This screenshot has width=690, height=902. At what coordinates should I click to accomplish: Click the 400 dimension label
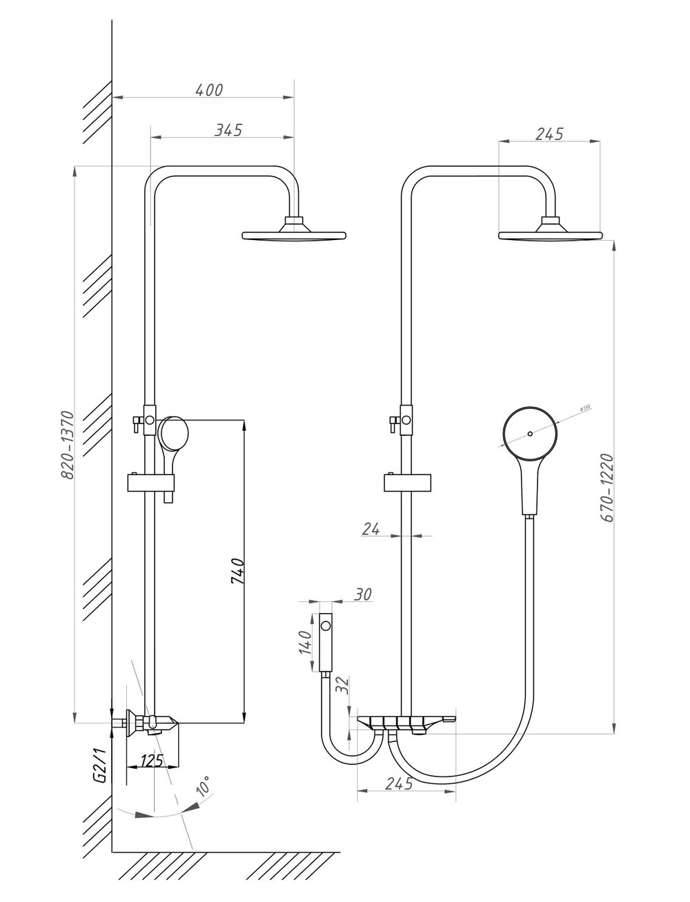[209, 90]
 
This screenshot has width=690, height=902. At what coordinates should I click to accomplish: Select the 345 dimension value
[228, 130]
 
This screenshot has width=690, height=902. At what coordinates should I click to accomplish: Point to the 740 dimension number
[236, 572]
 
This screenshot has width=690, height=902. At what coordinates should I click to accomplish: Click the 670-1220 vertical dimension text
[607, 488]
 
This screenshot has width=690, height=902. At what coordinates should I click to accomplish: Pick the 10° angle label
[204, 786]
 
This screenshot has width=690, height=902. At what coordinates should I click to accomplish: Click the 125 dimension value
[152, 761]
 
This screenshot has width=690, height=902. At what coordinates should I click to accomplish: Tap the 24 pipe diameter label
[371, 529]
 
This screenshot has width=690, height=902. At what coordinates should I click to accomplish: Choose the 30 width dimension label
[363, 594]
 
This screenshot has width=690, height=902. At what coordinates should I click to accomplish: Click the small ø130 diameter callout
[584, 408]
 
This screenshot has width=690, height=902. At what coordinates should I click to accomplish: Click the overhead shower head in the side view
[294, 232]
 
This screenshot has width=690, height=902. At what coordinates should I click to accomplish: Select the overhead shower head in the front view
[550, 232]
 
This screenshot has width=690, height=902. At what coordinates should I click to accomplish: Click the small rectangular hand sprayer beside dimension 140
[326, 641]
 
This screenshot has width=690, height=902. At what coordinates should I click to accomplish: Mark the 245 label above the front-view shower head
[549, 134]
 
